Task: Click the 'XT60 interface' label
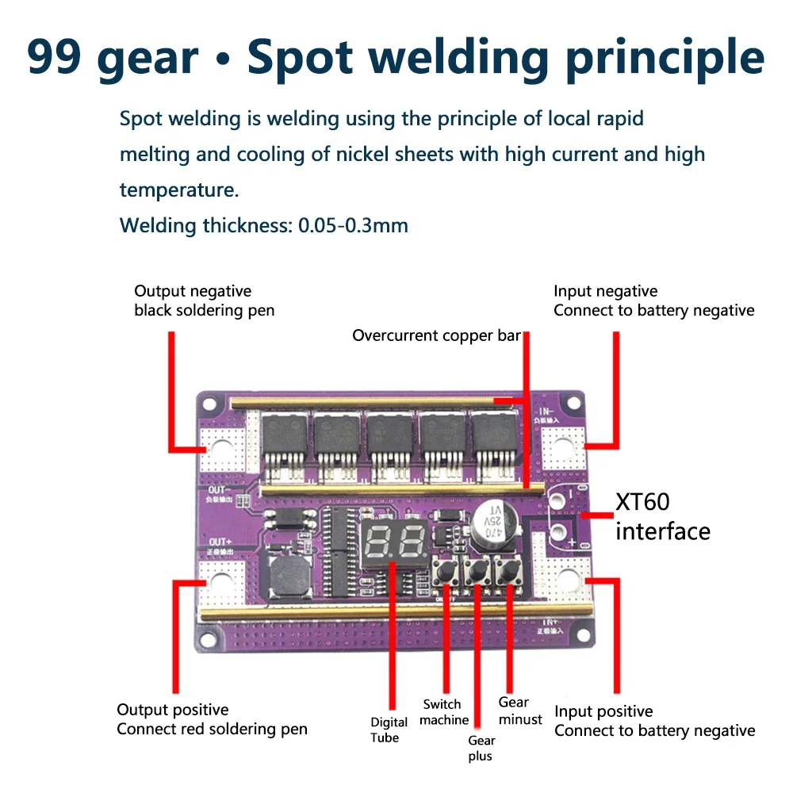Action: (662, 516)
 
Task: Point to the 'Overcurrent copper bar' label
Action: (436, 335)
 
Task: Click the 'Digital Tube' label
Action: (389, 730)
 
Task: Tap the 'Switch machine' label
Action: (443, 712)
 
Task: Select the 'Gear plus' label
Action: (481, 748)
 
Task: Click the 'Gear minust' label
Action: (520, 711)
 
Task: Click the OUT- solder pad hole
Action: (221, 450)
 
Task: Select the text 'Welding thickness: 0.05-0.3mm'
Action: (263, 225)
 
